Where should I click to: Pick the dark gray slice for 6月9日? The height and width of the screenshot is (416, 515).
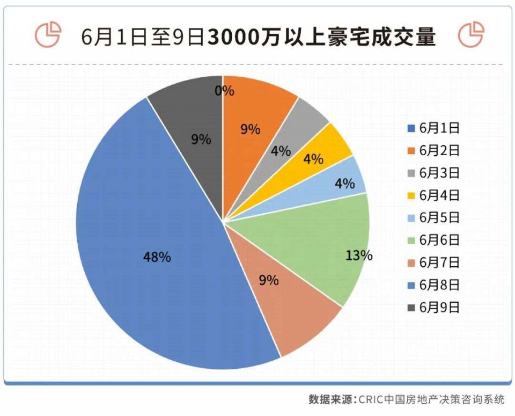tap(193, 134)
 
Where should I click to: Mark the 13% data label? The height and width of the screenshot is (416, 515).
tap(359, 255)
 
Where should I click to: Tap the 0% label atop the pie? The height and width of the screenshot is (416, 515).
tap(224, 91)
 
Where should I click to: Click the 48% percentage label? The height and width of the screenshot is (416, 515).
tap(157, 257)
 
